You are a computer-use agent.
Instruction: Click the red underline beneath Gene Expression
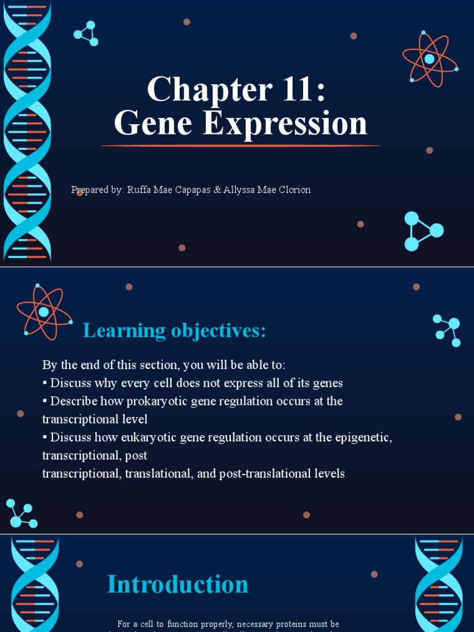coord(241,146)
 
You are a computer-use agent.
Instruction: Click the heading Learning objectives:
coord(175,331)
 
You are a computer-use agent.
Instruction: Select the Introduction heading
coord(178,584)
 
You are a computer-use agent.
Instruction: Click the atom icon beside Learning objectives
coord(44,312)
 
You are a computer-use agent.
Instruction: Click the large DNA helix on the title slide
coord(27,133)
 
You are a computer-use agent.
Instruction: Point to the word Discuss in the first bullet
coord(70,383)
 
